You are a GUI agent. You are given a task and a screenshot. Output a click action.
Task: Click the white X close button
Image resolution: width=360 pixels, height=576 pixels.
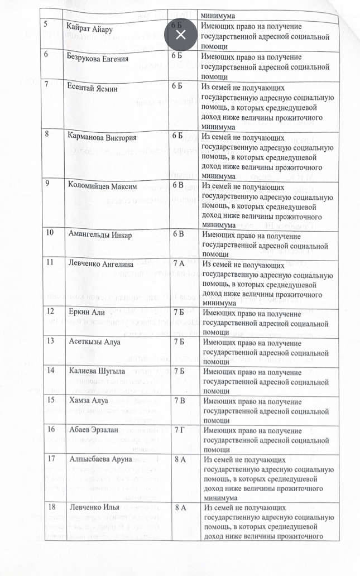tap(180, 35)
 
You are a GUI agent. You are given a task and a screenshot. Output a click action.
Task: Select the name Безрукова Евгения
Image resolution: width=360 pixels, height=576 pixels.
tap(98, 59)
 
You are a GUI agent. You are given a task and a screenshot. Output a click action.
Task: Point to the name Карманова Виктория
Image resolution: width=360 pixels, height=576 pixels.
tap(102, 137)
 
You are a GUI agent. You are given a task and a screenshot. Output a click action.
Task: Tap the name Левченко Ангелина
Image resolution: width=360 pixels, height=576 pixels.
tap(101, 265)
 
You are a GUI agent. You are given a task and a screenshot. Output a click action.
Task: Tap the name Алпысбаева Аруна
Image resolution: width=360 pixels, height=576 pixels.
tap(101, 459)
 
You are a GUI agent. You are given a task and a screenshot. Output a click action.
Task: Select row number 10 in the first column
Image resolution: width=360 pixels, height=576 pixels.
tap(51, 234)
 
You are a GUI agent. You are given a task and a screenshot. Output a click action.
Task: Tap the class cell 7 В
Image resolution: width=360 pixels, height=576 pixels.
tap(180, 400)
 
